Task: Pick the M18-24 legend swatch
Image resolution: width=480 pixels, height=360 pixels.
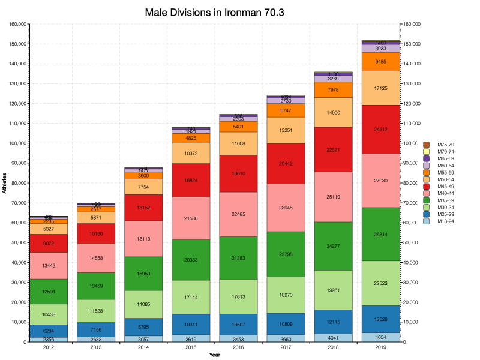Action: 427,221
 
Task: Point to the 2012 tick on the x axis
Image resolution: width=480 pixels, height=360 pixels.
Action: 49,347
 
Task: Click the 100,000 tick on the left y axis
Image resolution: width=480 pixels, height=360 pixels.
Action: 17,143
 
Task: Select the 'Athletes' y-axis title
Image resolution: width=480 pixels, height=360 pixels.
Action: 5,182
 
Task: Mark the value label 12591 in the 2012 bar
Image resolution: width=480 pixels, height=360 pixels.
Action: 49,292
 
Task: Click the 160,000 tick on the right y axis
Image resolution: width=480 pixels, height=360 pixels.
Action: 413,25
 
